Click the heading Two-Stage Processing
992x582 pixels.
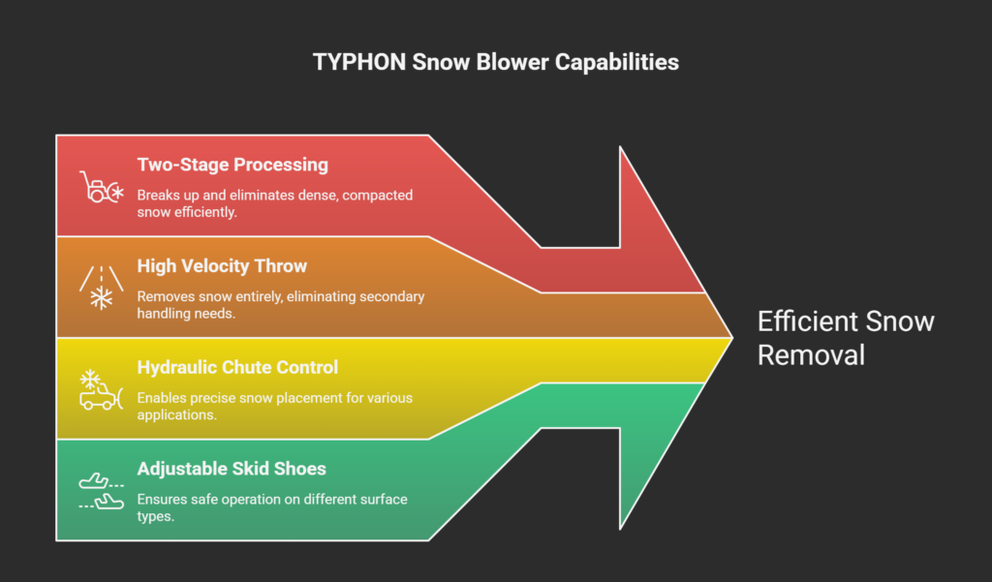pos(232,165)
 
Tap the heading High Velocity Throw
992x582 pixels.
pos(222,266)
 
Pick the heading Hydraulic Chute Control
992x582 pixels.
pos(237,367)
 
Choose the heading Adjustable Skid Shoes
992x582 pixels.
pos(232,469)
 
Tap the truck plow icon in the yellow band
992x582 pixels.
pos(101,388)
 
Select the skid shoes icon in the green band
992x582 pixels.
pos(101,490)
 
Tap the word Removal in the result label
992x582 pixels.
pos(811,354)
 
